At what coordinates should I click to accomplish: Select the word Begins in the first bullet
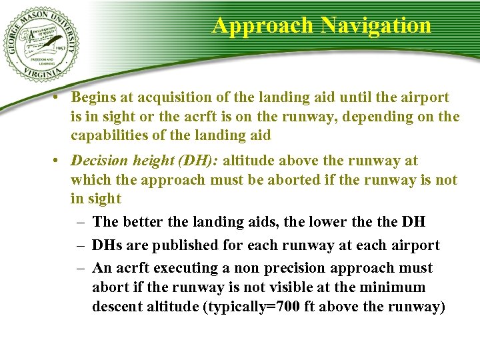94,97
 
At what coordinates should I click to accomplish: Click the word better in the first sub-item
140,222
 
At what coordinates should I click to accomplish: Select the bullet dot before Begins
58,97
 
